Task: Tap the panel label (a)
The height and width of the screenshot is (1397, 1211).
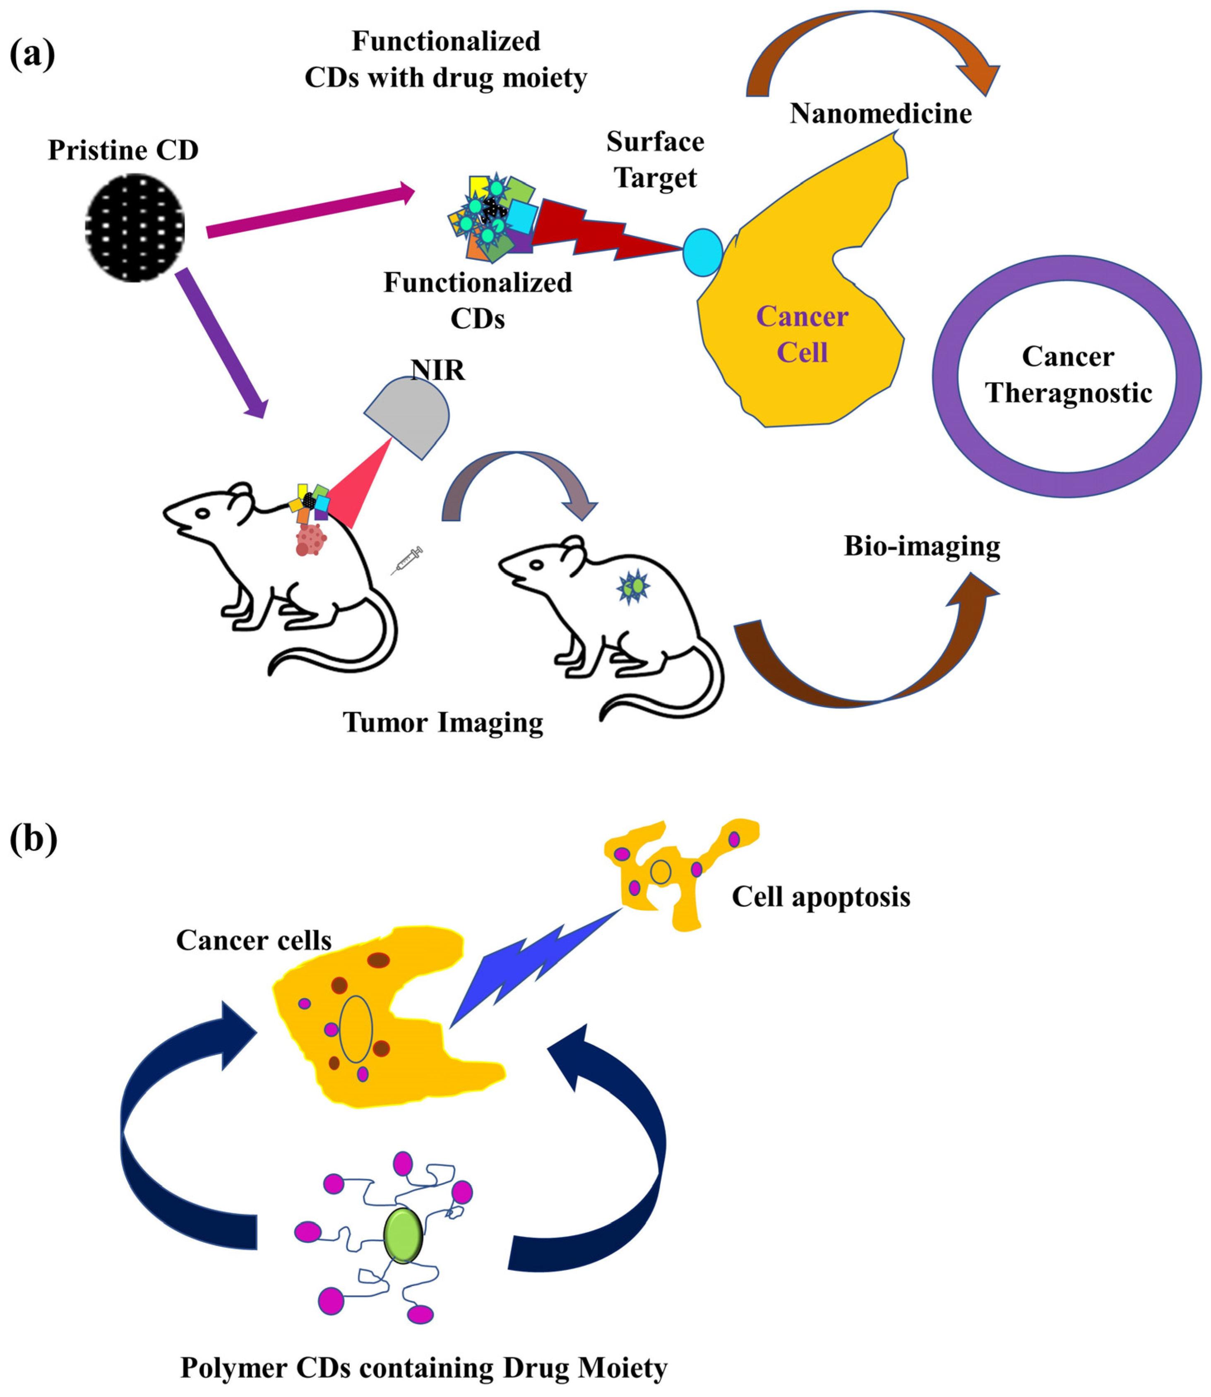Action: pos(32,54)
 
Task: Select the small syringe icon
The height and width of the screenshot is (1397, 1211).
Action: pos(408,560)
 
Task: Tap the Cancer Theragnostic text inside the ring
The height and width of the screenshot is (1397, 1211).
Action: pos(1068,374)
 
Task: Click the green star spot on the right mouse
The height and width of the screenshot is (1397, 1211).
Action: pos(633,586)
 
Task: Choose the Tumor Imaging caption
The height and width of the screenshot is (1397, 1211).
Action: pos(442,723)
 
